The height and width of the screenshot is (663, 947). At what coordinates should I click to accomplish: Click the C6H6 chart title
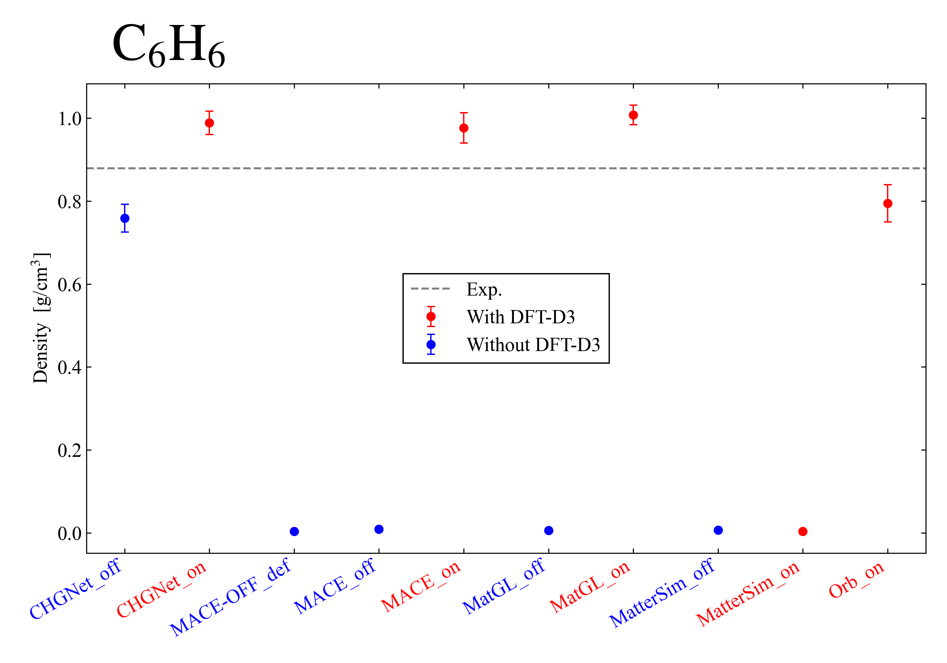tap(168, 45)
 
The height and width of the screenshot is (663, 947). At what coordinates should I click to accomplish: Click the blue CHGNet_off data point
tap(125, 218)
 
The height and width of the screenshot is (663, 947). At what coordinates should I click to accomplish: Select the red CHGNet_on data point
tap(210, 123)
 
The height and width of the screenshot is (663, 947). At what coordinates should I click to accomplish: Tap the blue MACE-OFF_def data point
tap(294, 531)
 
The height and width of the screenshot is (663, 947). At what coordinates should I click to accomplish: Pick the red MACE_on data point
tap(464, 128)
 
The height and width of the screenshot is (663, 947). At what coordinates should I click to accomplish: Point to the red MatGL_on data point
tap(633, 115)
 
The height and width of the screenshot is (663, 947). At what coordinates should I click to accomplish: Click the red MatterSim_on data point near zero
tap(803, 531)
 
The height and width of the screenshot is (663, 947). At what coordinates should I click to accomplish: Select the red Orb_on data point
tap(888, 203)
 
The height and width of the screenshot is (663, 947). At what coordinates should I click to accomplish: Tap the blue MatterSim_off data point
tap(718, 530)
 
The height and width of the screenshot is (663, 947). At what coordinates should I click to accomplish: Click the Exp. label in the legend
tap(484, 289)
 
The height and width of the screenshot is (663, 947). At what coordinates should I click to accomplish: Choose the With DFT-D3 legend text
tap(521, 317)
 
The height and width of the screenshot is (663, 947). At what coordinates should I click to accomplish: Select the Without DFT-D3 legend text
tap(533, 344)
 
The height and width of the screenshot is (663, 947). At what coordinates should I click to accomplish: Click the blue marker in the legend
tap(431, 344)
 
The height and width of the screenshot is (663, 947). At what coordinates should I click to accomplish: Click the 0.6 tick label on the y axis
tap(69, 285)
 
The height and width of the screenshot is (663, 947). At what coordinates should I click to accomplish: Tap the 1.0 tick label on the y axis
tap(69, 119)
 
